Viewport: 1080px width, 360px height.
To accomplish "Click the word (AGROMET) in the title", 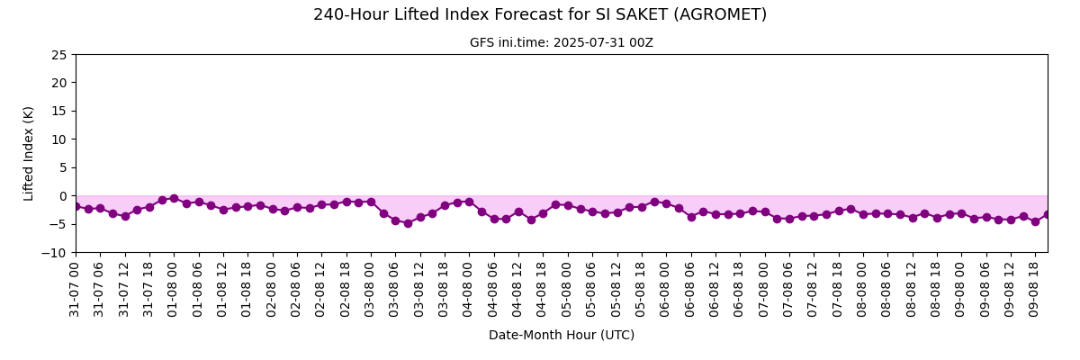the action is pyautogui.click(x=720, y=15).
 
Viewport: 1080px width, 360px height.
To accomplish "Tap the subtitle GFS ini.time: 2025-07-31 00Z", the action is pyautogui.click(x=562, y=43).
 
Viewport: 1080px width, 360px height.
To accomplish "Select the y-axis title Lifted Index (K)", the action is pyautogui.click(x=29, y=154).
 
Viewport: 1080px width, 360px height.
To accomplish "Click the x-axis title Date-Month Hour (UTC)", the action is pyautogui.click(x=562, y=335).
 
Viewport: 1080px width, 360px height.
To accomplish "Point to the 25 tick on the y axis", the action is pyautogui.click(x=59, y=55).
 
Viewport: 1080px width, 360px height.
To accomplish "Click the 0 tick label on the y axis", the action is pyautogui.click(x=64, y=196).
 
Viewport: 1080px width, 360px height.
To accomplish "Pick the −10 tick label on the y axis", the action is pyautogui.click(x=55, y=253).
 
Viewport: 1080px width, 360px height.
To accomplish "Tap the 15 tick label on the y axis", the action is pyautogui.click(x=59, y=112).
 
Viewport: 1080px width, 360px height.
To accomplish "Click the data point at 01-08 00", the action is pyautogui.click(x=174, y=199).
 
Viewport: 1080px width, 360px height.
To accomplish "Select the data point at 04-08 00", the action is pyautogui.click(x=469, y=202).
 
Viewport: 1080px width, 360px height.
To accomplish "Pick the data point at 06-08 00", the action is pyautogui.click(x=667, y=204).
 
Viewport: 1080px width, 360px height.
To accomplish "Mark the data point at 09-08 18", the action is pyautogui.click(x=1035, y=221).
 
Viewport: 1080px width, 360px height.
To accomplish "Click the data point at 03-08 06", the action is pyautogui.click(x=395, y=220).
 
